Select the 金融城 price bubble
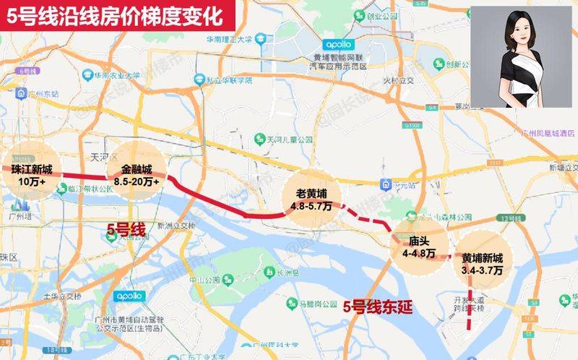(x=134, y=174)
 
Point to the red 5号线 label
(x=126, y=231)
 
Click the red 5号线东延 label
(x=377, y=307)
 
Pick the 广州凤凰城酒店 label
(x=532, y=133)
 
